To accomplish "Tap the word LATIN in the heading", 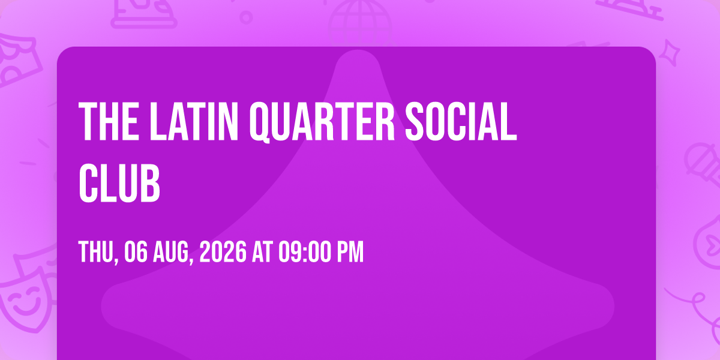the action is (194, 121).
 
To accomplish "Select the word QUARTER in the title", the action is (322, 122).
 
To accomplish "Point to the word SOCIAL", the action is (461, 121).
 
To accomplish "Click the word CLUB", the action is (119, 183).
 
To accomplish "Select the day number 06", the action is (136, 251).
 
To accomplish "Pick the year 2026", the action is (223, 251).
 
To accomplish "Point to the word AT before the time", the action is (263, 251).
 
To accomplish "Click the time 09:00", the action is (305, 251).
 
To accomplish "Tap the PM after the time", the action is (350, 251).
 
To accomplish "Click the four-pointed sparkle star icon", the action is (670, 53).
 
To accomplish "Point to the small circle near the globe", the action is (246, 17).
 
